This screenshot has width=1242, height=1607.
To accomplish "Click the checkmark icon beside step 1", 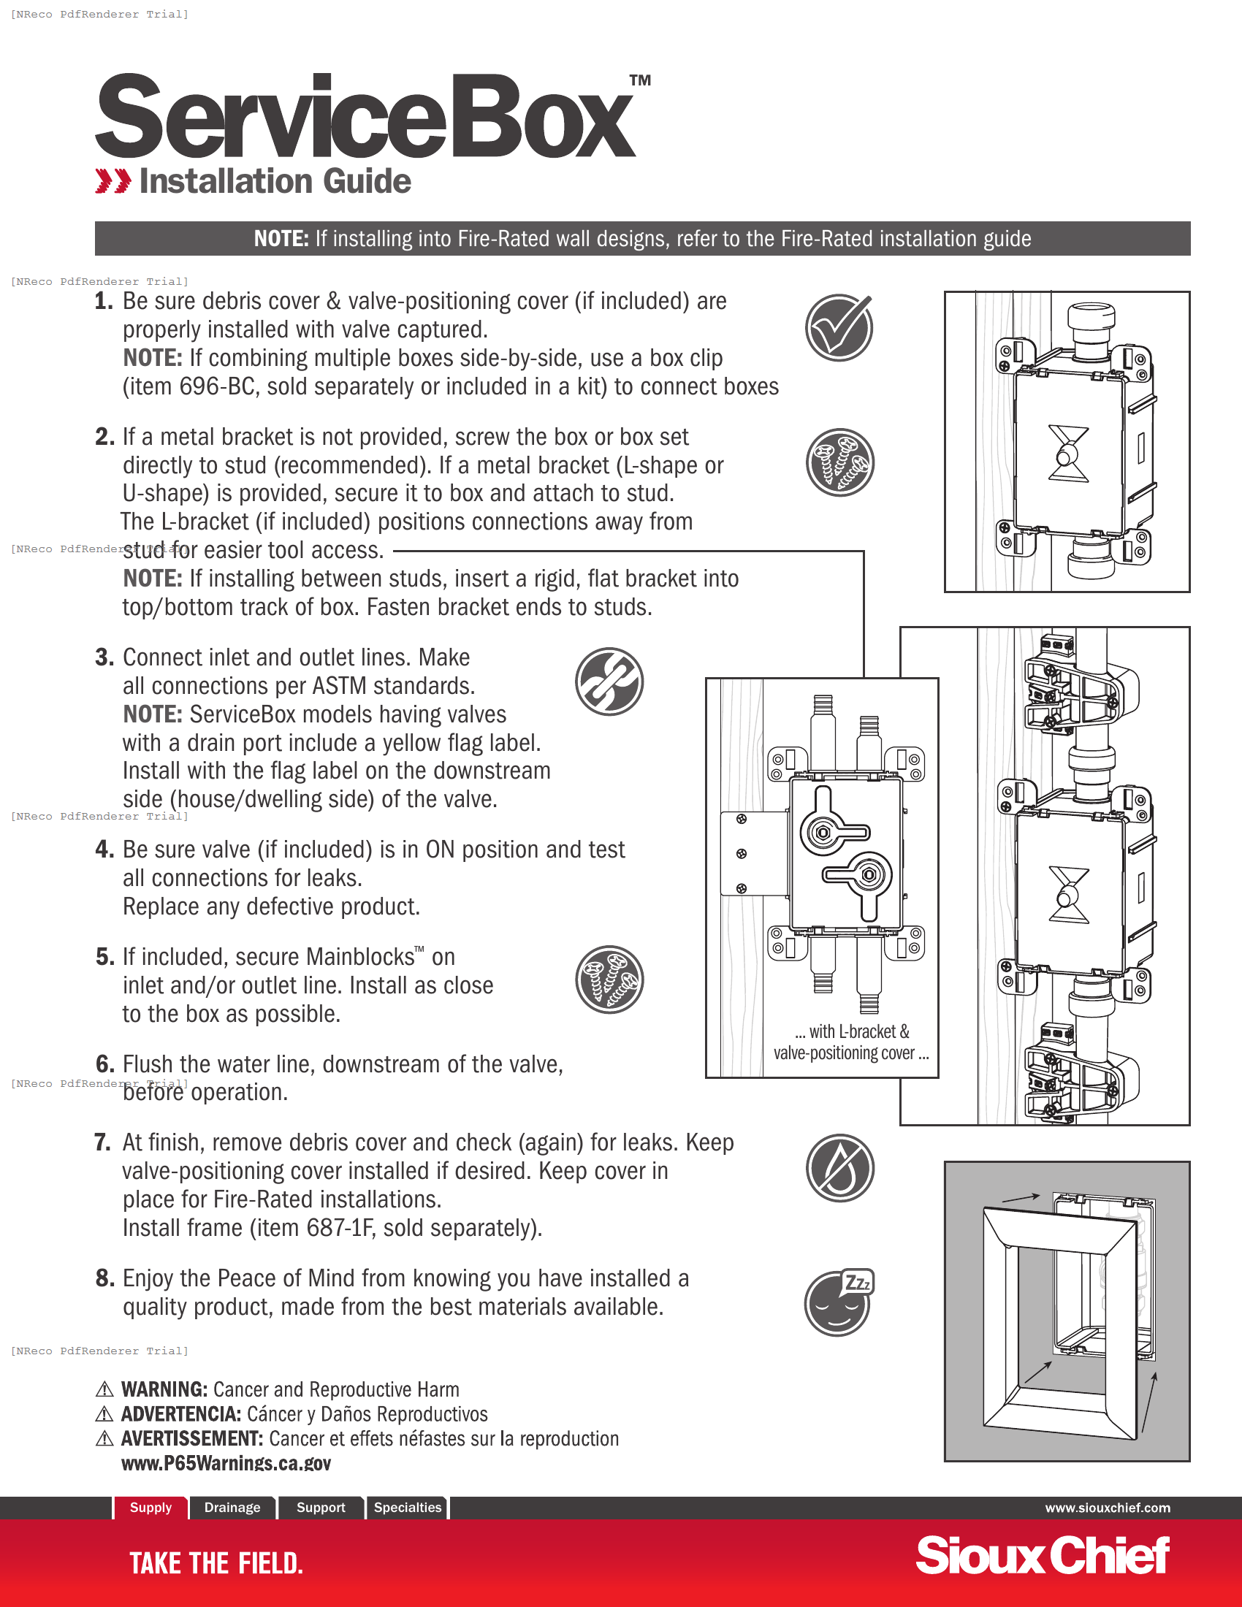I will [x=839, y=328].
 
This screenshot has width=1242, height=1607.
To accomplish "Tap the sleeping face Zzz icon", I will [x=838, y=1303].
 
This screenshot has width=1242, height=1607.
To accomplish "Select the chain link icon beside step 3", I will [x=609, y=682].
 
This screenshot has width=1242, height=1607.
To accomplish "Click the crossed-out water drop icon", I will [x=839, y=1168].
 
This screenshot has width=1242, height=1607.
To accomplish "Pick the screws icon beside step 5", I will [x=609, y=980].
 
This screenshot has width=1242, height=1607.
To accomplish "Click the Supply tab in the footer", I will [x=151, y=1507].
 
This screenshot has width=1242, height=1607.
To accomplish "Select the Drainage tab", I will [x=232, y=1507].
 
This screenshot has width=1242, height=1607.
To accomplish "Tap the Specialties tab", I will [x=408, y=1507].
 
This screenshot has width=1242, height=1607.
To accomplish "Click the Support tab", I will [x=321, y=1507].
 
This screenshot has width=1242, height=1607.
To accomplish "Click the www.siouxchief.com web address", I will [x=1108, y=1508].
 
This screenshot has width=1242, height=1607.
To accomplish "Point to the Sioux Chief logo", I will [x=1042, y=1556].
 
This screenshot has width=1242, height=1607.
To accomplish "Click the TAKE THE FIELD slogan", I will [x=216, y=1564].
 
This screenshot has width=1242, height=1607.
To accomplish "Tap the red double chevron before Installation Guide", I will [x=113, y=181].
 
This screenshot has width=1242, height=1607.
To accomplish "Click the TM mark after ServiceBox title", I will [x=640, y=80].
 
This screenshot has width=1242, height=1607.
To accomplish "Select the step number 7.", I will [x=102, y=1142].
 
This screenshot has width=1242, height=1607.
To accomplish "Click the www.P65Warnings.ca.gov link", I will [x=226, y=1463].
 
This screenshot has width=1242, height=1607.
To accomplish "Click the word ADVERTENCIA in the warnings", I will [x=181, y=1414].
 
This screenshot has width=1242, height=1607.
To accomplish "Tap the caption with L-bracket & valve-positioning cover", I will [x=851, y=1042].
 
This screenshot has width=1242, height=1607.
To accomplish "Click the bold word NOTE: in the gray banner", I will [x=281, y=239].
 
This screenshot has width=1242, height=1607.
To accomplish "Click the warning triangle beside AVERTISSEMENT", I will [x=104, y=1438].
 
